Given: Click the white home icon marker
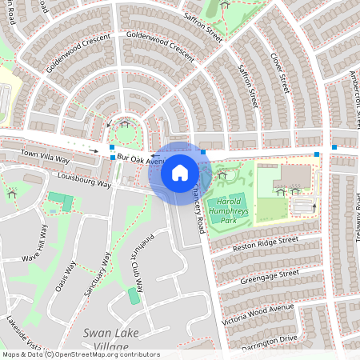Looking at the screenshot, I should tap(179, 172).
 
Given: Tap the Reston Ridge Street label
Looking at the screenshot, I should tap(265, 243).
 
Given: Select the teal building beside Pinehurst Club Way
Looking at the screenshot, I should tap(134, 296).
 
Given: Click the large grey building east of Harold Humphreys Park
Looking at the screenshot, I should tap(295, 177).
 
